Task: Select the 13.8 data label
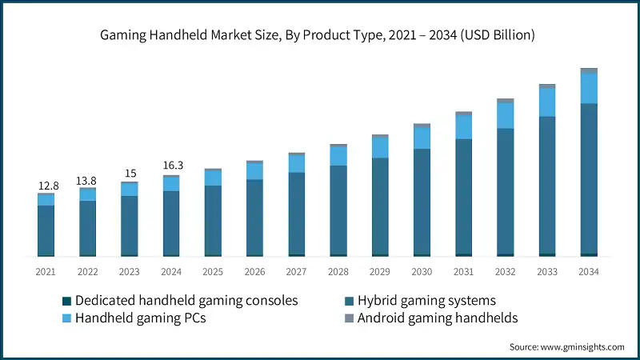point(88,181)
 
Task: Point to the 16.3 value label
point(172,166)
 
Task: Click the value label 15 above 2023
point(130,174)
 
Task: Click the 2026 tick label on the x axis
point(255,272)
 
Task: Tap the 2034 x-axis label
point(589,272)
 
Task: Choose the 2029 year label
point(380,272)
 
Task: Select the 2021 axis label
point(46,272)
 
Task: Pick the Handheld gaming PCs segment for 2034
point(589,88)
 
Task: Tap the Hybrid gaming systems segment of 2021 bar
point(46,230)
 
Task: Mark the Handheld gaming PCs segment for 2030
point(422,138)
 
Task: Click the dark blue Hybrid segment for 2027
point(297,213)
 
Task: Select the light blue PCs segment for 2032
point(506,115)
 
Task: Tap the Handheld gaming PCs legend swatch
point(67,318)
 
